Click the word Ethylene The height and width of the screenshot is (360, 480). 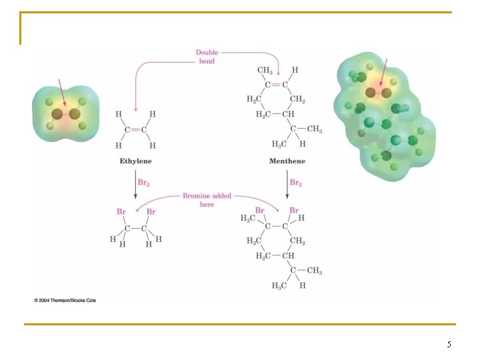coord(135,161)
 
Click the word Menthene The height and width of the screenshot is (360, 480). coord(287,161)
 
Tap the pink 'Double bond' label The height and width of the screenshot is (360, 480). coord(207,57)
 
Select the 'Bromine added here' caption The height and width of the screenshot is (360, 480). coord(207,200)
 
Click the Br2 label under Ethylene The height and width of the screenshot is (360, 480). coord(143,183)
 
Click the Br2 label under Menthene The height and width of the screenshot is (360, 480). coord(296,183)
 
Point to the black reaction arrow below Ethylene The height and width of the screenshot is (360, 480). coord(135,185)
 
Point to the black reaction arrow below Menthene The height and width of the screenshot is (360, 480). coord(287,185)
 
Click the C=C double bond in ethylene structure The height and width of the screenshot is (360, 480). coord(135,130)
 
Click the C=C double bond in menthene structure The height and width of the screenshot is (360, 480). coord(276,85)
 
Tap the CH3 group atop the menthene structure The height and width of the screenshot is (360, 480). coord(265,71)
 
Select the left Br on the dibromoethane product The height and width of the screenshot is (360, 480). coord(121,211)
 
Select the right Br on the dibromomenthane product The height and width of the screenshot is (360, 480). coord(294,210)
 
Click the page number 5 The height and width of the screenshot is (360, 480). coord(449,345)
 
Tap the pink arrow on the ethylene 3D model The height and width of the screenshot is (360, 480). coord(62,93)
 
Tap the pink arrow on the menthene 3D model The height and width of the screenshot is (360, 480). coord(383,72)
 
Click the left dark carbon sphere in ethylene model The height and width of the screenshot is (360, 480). coord(57,115)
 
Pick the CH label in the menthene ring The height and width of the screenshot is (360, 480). coord(288,114)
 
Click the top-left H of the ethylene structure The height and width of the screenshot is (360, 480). coord(119,114)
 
